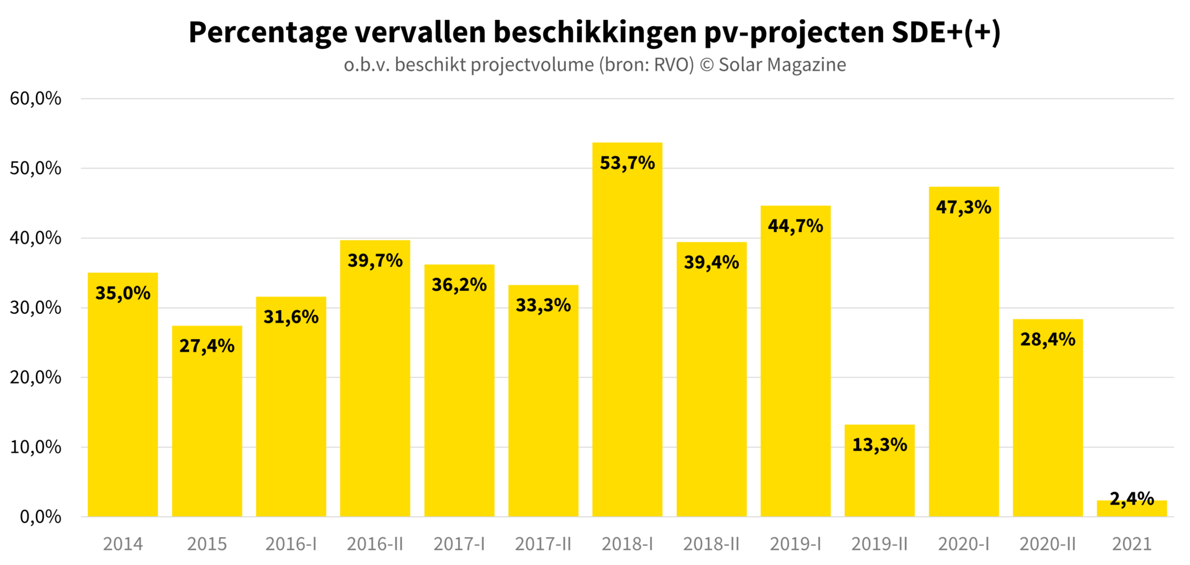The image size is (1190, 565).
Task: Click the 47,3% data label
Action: (x=964, y=207)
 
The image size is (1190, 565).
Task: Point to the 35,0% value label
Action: (x=123, y=293)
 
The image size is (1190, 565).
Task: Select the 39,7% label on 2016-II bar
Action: (x=375, y=260)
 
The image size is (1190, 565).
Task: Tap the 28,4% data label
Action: (x=1047, y=339)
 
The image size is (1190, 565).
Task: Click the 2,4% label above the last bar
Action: (x=1132, y=498)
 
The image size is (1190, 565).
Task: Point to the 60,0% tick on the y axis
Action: (x=35, y=98)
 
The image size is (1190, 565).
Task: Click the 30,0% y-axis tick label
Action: (x=35, y=308)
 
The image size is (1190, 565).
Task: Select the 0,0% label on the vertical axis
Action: (x=40, y=517)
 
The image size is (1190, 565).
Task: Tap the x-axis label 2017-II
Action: (x=543, y=544)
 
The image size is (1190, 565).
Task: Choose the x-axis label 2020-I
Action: (x=964, y=544)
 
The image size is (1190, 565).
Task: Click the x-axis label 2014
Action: (x=123, y=544)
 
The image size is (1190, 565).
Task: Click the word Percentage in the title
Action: (x=268, y=32)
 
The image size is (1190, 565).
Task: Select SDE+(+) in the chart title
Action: (x=946, y=32)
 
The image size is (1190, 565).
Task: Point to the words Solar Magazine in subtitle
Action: (x=782, y=65)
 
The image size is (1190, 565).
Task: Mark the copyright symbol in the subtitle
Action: (x=707, y=65)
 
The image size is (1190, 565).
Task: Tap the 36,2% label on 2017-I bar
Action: (x=459, y=285)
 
